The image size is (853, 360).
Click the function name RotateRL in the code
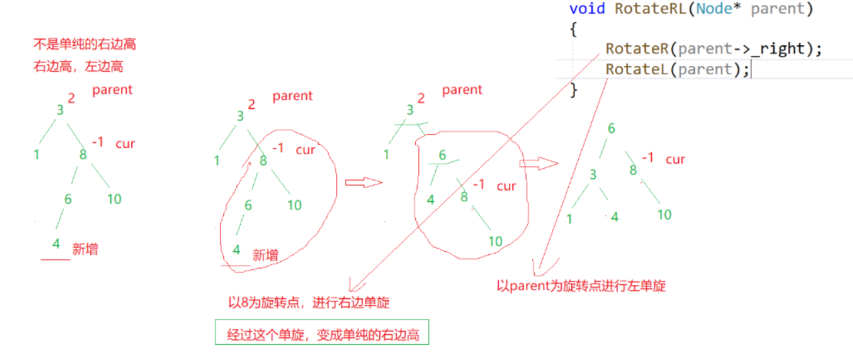click(642, 10)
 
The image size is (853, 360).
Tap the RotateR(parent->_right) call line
click(713, 49)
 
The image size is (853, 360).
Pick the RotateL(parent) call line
click(677, 69)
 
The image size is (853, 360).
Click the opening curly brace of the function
click(573, 30)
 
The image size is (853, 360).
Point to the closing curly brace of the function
click(573, 89)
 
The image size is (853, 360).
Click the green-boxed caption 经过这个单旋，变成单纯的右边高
click(322, 333)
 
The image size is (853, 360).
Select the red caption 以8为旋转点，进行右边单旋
click(308, 303)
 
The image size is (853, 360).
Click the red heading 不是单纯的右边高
click(84, 45)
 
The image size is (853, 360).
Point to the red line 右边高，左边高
click(78, 66)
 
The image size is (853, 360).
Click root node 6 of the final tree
click(611, 129)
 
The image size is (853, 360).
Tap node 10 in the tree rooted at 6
click(664, 215)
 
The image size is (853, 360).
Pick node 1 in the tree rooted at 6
click(569, 218)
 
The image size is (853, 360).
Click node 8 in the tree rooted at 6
click(633, 170)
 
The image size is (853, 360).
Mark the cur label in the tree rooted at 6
click(675, 159)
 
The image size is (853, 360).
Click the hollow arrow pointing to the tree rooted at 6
click(538, 163)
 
